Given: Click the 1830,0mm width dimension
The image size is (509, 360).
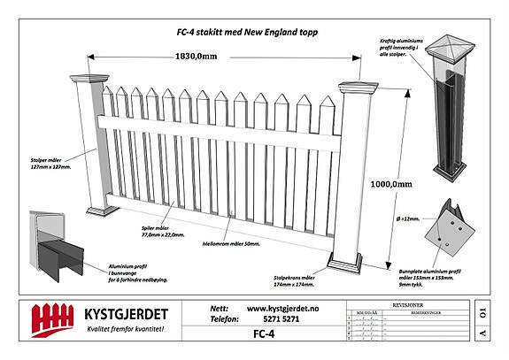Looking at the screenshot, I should [x=194, y=57].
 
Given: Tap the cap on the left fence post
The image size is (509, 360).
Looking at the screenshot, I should [x=93, y=80].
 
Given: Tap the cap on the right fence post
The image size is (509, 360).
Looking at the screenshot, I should [x=351, y=88].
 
